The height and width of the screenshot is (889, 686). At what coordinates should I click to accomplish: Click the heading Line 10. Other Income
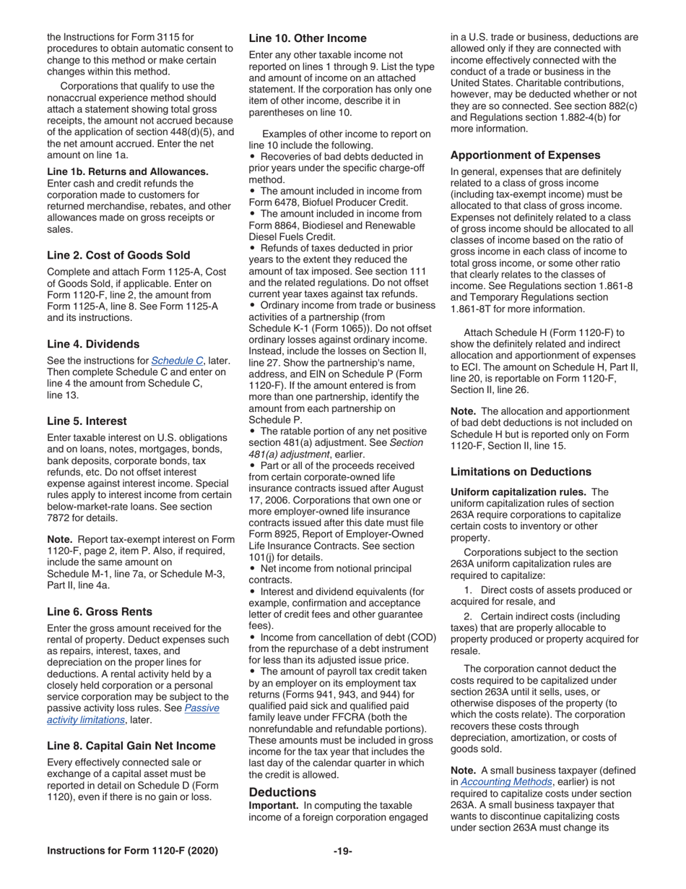(x=308, y=38)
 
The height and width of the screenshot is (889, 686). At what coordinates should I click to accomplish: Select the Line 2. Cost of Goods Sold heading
(x=118, y=255)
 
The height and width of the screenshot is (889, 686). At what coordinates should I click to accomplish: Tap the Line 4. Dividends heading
(x=93, y=344)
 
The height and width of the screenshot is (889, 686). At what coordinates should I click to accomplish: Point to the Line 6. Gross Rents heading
(x=100, y=611)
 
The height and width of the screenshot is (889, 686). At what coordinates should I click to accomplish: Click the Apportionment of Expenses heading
(x=525, y=155)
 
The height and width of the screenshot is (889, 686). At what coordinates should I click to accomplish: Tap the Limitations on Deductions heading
(x=521, y=472)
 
